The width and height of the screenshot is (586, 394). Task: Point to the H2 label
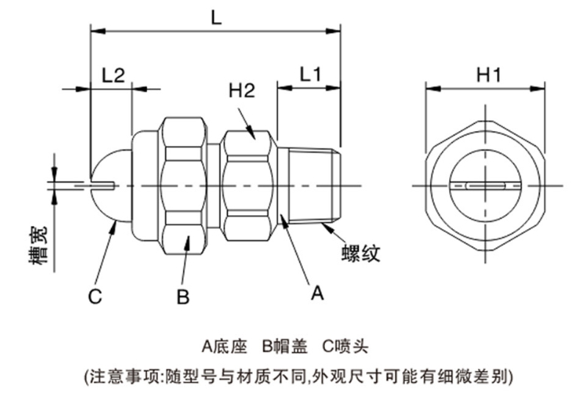point(241,91)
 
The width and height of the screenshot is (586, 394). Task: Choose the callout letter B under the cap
point(183,298)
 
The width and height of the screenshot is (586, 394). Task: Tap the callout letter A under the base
point(317,293)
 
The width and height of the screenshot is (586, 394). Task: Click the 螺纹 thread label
point(361,254)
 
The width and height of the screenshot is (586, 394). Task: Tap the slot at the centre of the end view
point(487,185)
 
